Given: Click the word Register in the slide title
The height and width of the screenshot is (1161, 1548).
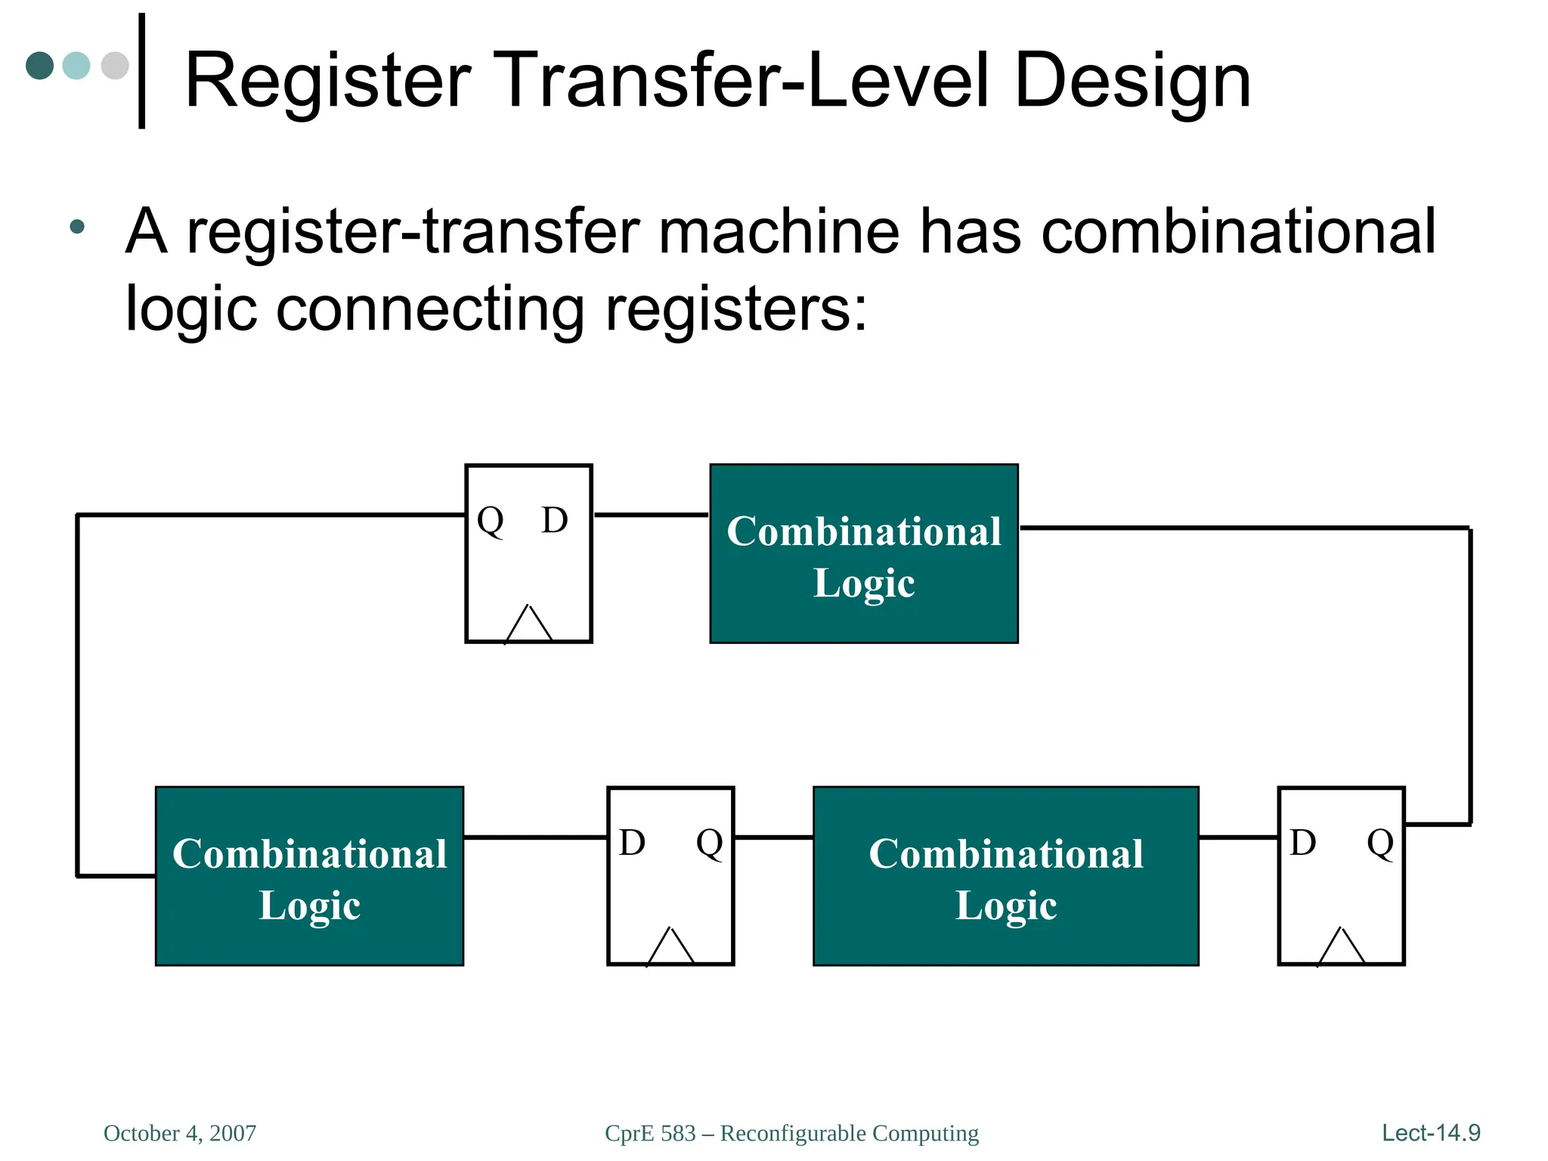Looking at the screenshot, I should click(327, 80).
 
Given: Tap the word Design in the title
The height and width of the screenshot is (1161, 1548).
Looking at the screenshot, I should click(1132, 80).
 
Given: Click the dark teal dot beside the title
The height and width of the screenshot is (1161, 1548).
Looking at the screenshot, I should click(40, 66).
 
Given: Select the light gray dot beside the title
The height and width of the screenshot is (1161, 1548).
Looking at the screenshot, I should click(115, 66).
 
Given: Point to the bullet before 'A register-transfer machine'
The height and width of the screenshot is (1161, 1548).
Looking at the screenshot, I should click(76, 226).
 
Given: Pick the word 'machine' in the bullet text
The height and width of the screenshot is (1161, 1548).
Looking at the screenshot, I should click(779, 231).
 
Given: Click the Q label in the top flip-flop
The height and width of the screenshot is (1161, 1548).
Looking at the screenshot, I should click(491, 521).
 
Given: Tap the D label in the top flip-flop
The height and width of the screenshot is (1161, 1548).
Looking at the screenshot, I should click(554, 520).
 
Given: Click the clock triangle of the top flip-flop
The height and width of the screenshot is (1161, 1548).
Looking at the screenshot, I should click(529, 625).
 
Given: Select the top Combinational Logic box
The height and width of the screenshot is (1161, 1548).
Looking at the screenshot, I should click(864, 554).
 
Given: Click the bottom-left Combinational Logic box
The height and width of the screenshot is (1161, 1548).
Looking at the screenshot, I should click(309, 876).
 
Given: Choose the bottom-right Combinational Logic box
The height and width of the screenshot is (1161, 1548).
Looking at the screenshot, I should click(1005, 876).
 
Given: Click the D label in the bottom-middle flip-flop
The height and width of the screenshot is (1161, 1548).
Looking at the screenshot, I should click(632, 842).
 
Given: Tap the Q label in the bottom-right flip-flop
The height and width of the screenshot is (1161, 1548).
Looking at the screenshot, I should click(1380, 843).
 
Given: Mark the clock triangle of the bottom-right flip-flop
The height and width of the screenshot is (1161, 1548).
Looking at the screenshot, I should click(1341, 947).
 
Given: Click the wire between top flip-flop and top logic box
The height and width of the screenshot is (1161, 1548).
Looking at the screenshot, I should click(651, 515).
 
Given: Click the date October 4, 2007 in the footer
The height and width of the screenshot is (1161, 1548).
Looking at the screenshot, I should click(180, 1133).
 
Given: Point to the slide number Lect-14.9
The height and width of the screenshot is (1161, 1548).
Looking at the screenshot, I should click(1431, 1133).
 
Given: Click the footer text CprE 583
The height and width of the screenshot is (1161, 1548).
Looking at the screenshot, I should click(650, 1133).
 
